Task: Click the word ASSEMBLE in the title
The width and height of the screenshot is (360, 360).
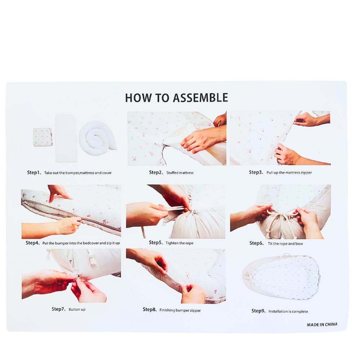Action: [x=200, y=98]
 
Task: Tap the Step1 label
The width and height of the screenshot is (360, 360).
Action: [x=33, y=172]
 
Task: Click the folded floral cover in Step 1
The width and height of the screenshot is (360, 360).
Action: [x=43, y=137]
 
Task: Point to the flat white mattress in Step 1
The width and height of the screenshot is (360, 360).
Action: [x=66, y=138]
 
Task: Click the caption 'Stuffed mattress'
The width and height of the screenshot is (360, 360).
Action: [x=180, y=173]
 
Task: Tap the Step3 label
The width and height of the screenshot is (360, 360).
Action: [x=255, y=172]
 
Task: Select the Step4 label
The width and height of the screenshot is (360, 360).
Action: [x=32, y=243]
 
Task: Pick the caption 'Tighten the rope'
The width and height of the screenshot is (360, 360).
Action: [x=180, y=243]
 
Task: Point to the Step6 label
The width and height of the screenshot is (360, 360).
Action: [x=256, y=243]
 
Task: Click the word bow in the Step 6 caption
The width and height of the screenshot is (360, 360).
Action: [x=299, y=244]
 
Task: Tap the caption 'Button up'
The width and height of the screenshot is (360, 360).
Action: [x=77, y=309]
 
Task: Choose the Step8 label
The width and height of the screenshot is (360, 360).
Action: [x=149, y=310]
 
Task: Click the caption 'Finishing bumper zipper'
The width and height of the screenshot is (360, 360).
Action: [x=180, y=310]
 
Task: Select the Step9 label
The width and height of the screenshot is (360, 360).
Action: [x=258, y=311]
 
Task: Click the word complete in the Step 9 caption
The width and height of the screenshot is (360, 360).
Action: [x=298, y=311]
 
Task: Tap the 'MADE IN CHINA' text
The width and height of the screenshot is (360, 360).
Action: [x=322, y=324]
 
